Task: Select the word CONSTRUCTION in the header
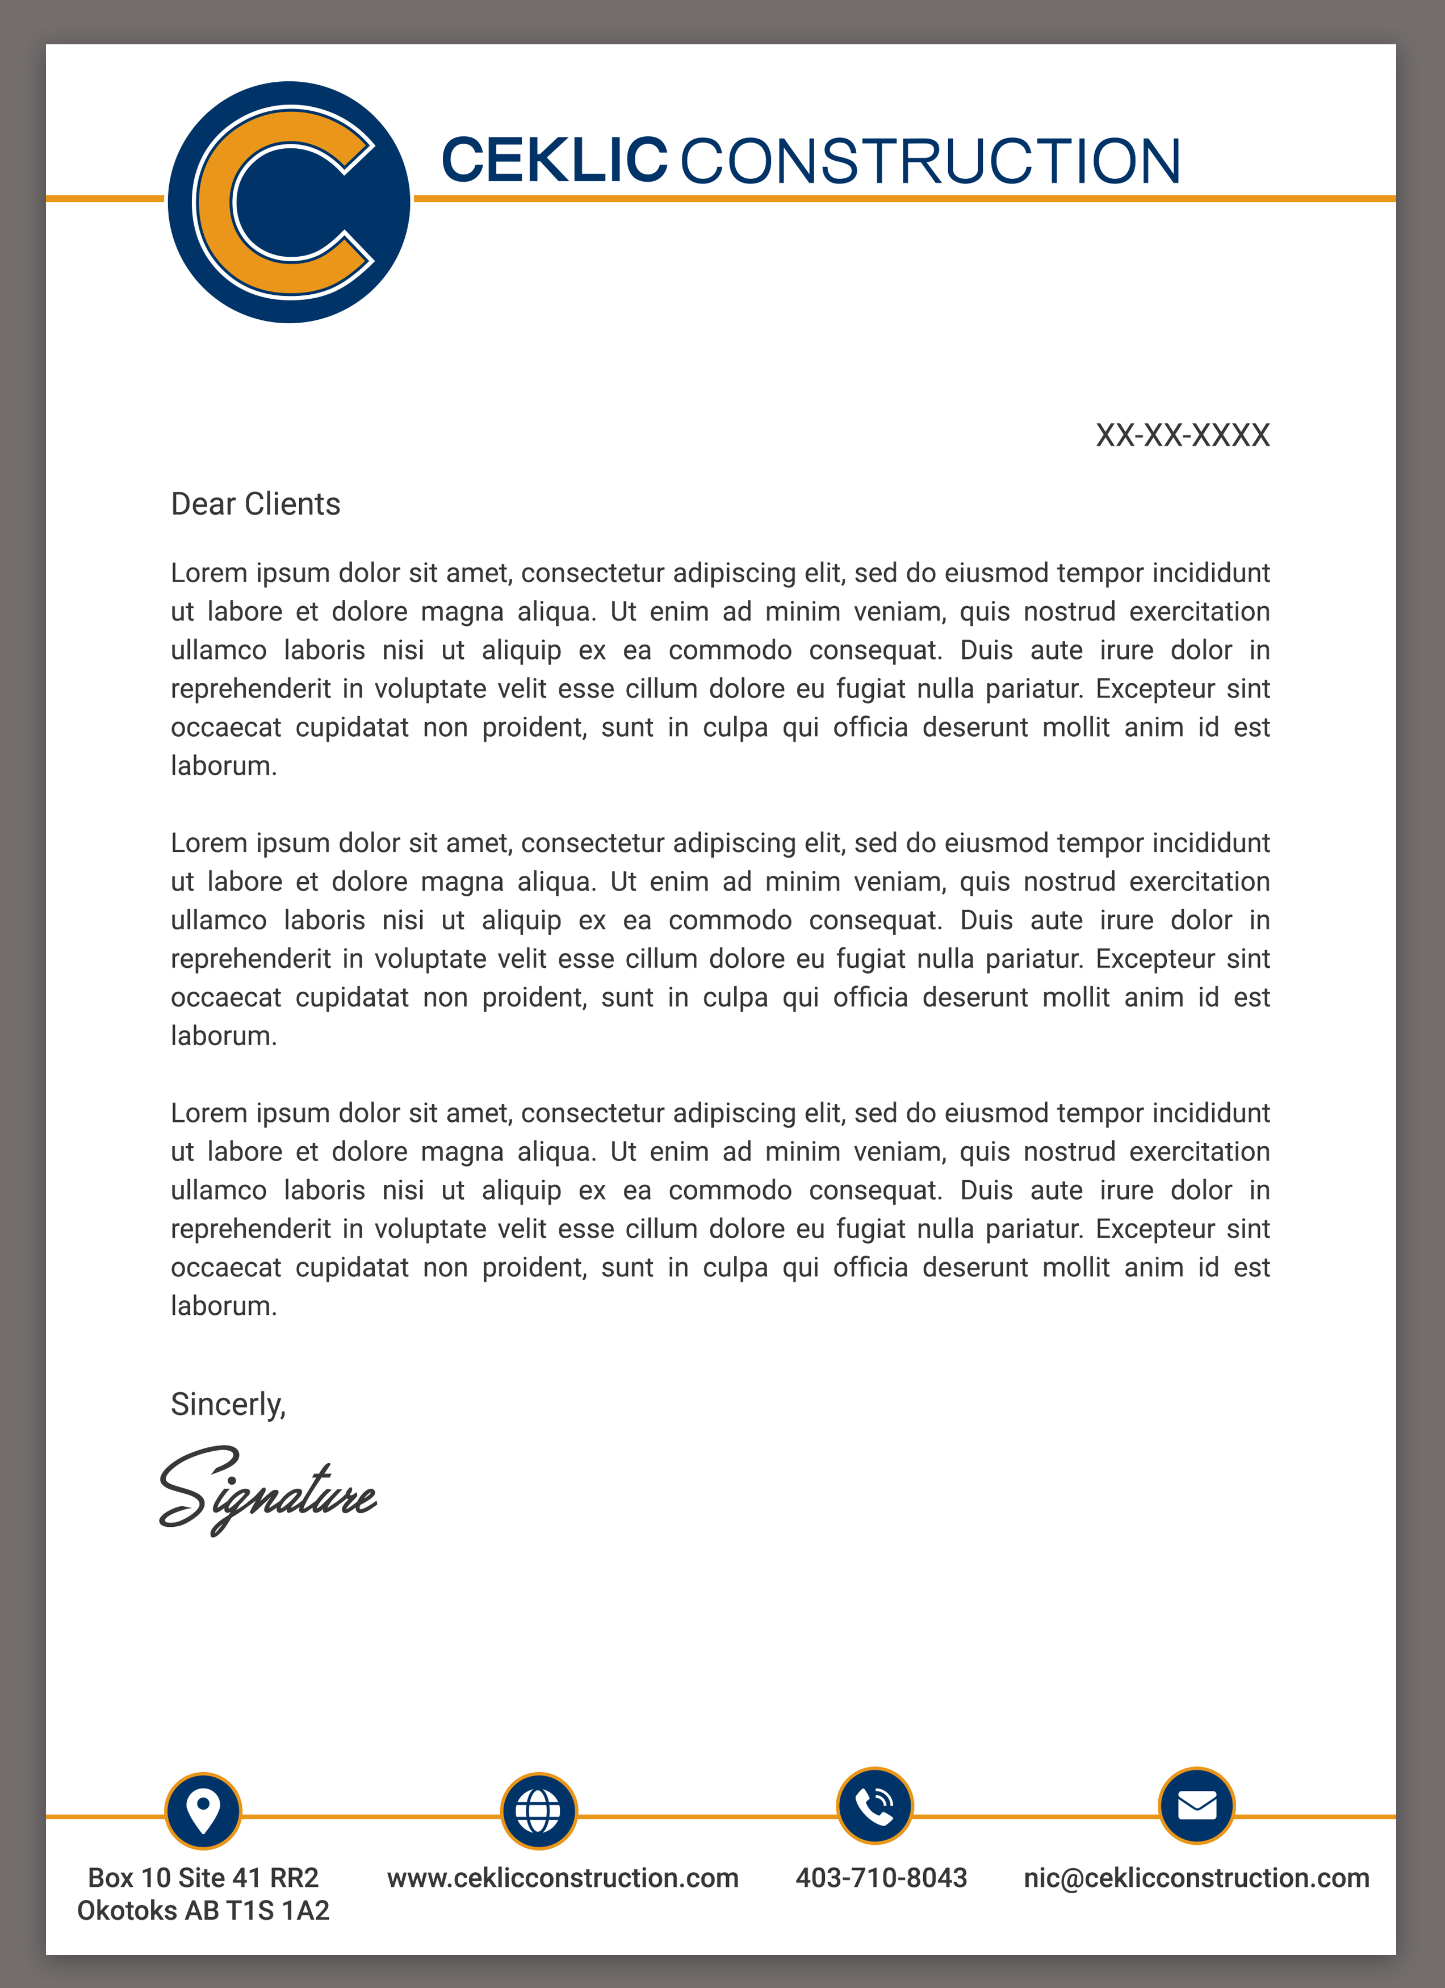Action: click(930, 161)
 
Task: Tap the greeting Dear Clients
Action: click(255, 504)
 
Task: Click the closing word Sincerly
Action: click(228, 1404)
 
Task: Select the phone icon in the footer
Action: click(874, 1806)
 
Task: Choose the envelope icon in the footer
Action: click(1196, 1806)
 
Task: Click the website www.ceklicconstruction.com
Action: click(563, 1878)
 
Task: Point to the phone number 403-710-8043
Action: click(881, 1878)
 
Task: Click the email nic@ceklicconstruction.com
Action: click(1196, 1878)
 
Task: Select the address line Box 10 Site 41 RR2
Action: click(203, 1878)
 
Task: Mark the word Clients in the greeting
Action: click(292, 504)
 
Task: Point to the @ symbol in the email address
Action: click(1072, 1878)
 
